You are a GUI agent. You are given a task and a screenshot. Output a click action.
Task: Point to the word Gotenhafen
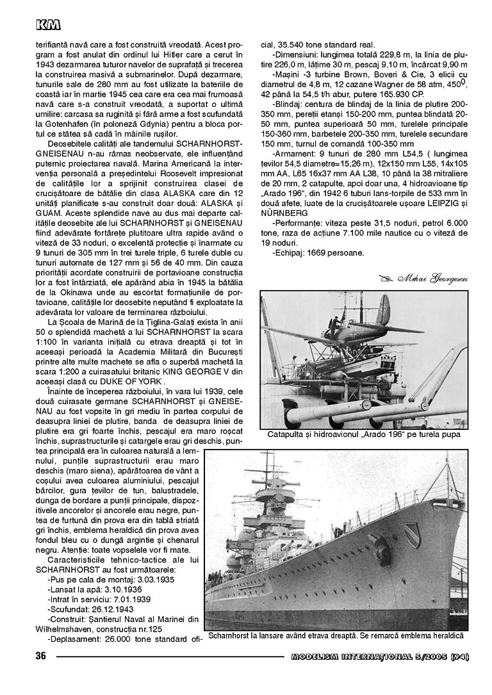(x=63, y=118)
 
